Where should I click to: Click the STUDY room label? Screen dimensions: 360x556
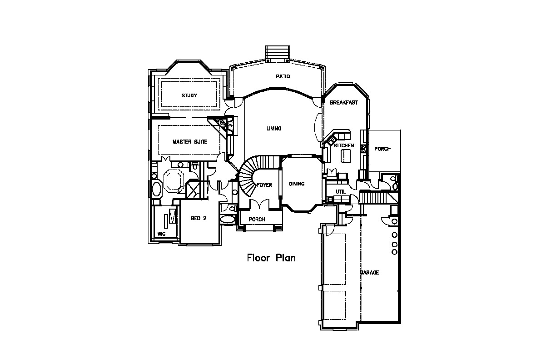click(189, 95)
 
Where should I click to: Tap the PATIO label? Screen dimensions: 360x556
click(283, 76)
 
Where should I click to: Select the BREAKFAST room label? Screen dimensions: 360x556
click(344, 103)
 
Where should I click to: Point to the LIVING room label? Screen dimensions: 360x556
click(274, 129)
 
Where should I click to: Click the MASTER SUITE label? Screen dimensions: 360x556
click(189, 142)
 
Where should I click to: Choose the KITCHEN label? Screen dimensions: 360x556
click(344, 145)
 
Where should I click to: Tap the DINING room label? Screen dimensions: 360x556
click(297, 184)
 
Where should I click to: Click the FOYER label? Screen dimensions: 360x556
click(264, 185)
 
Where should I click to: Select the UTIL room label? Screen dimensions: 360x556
click(341, 192)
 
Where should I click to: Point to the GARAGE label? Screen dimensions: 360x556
click(369, 273)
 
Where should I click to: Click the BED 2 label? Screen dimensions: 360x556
click(199, 218)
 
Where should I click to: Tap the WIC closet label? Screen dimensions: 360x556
click(161, 234)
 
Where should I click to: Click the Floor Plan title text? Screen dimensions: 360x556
click(271, 258)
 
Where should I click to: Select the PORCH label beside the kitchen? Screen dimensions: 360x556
click(382, 149)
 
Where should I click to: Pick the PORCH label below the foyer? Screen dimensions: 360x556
click(257, 220)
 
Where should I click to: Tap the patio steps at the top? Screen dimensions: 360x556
click(278, 52)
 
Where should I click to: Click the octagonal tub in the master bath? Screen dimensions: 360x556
click(173, 180)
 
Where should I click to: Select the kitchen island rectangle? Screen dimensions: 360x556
click(346, 156)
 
